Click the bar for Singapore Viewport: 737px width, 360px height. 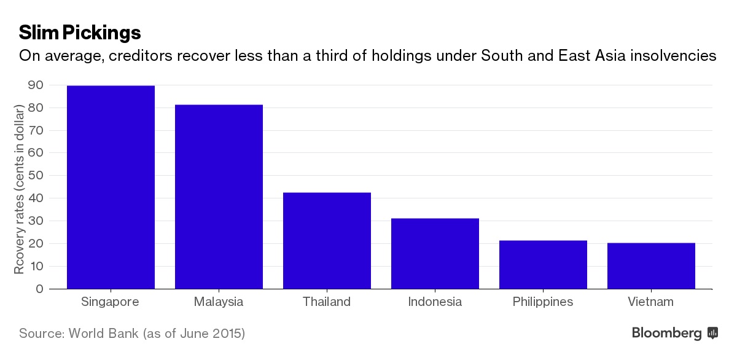pos(111,187)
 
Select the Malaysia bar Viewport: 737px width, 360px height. pos(219,197)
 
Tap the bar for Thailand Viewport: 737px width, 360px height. pos(327,241)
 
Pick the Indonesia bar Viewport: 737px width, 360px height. pos(435,254)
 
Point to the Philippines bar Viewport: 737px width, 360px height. pos(543,265)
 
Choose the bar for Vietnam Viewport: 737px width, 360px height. pos(651,266)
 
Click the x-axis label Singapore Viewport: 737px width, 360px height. pos(111,302)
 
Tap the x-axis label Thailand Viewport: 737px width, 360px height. pos(327,302)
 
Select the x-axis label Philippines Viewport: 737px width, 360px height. pos(543,302)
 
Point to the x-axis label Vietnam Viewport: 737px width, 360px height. pos(651,302)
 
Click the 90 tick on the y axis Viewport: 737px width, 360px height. pos(36,85)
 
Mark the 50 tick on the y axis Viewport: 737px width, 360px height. pos(36,176)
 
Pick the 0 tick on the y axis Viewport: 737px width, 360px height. pos(40,289)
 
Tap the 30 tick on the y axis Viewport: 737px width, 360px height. pos(36,221)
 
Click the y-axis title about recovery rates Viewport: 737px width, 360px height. pos(19,187)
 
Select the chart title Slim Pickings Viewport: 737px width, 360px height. pos(80,32)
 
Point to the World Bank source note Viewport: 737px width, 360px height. pos(132,334)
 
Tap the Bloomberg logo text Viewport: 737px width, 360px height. pos(666,334)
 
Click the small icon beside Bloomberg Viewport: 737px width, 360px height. pos(713,333)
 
